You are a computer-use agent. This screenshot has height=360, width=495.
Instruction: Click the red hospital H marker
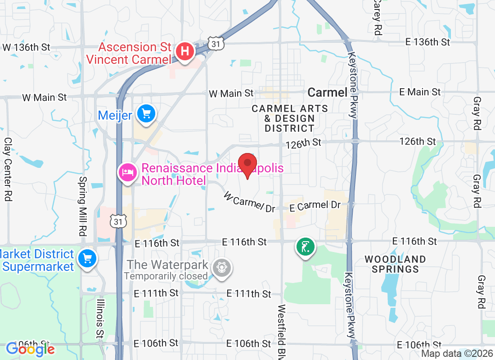pyautogui.click(x=184, y=51)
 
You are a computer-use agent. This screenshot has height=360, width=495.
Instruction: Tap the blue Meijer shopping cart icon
pyautogui.click(x=146, y=113)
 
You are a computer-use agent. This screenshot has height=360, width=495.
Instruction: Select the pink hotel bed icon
pyautogui.click(x=127, y=172)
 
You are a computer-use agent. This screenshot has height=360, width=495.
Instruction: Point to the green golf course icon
pyautogui.click(x=306, y=247)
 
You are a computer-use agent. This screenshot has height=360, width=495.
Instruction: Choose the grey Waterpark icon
pyautogui.click(x=221, y=267)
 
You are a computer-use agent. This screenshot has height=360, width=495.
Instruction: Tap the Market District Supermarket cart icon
pyautogui.click(x=87, y=259)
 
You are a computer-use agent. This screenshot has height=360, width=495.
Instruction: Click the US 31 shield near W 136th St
pyautogui.click(x=216, y=43)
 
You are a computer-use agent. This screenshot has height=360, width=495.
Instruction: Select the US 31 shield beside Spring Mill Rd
pyautogui.click(x=118, y=221)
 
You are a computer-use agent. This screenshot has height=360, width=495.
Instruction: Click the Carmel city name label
pyautogui.click(x=328, y=93)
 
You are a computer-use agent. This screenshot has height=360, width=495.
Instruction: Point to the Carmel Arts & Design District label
pyautogui.click(x=289, y=118)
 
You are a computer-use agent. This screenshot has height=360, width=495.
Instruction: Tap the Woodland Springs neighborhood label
pyautogui.click(x=395, y=264)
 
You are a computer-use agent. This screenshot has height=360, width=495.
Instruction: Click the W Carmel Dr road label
pyautogui.click(x=249, y=202)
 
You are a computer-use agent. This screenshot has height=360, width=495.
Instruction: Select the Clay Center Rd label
pyautogui.click(x=8, y=169)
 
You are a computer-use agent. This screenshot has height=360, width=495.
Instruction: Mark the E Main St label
pyautogui.click(x=420, y=92)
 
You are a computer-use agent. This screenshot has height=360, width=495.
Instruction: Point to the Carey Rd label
pyautogui.click(x=377, y=18)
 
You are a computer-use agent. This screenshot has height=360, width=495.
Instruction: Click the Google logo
pyautogui.click(x=30, y=349)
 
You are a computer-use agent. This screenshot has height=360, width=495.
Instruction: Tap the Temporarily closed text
pyautogui.click(x=166, y=276)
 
